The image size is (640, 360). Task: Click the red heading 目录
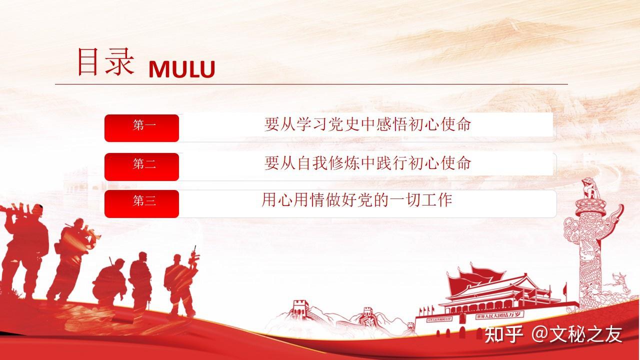coord(105,62)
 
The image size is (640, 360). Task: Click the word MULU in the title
coord(181,69)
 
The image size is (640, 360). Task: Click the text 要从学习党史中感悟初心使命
coord(367,125)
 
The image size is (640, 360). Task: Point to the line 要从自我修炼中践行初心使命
coord(367,163)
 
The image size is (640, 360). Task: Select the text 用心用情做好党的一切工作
coord(357,200)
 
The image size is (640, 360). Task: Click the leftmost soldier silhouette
coord(22,250)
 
